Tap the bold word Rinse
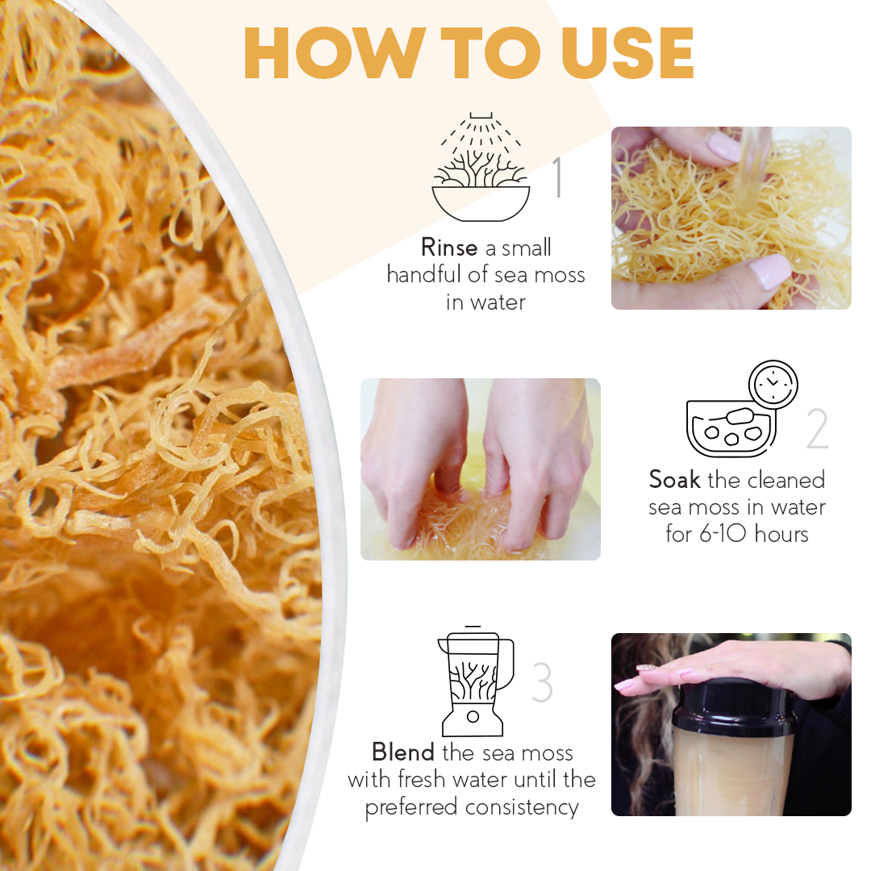point(449,248)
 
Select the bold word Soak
point(674,480)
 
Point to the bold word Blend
point(402,752)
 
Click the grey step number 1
point(557,179)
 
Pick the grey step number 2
point(817,430)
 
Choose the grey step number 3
point(542,682)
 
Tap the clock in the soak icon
point(773,385)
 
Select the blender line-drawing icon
point(474,681)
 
